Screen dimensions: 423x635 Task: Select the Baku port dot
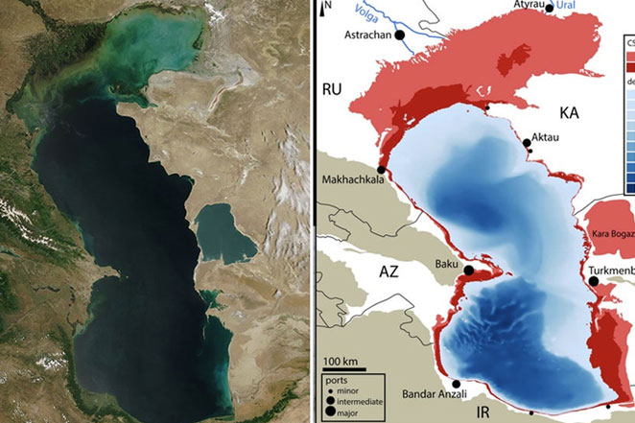click(469, 270)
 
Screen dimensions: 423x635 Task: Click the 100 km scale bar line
click(340, 369)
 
